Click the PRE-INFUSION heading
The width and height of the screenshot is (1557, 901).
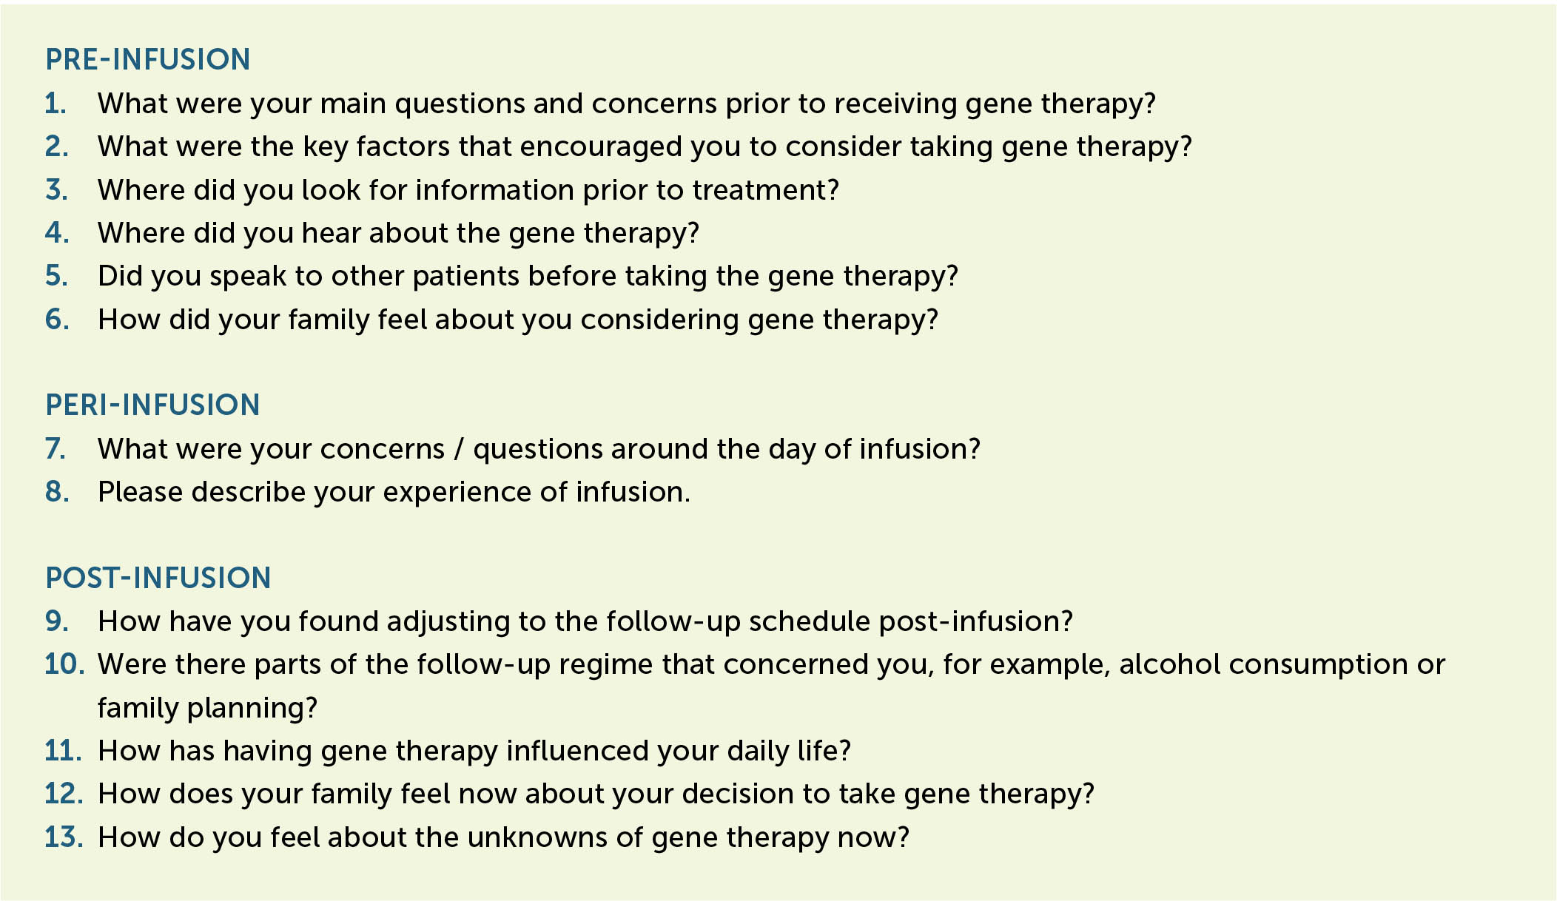148,60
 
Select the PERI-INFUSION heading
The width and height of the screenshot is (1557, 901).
152,405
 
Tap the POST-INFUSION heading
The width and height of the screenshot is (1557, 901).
158,578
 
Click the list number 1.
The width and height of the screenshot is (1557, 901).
56,104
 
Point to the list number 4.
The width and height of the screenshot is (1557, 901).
57,233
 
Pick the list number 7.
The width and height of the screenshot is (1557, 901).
56,449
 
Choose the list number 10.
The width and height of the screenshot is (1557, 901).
64,664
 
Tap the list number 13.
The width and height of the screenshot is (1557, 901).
64,837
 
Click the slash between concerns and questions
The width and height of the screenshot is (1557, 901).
459,450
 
